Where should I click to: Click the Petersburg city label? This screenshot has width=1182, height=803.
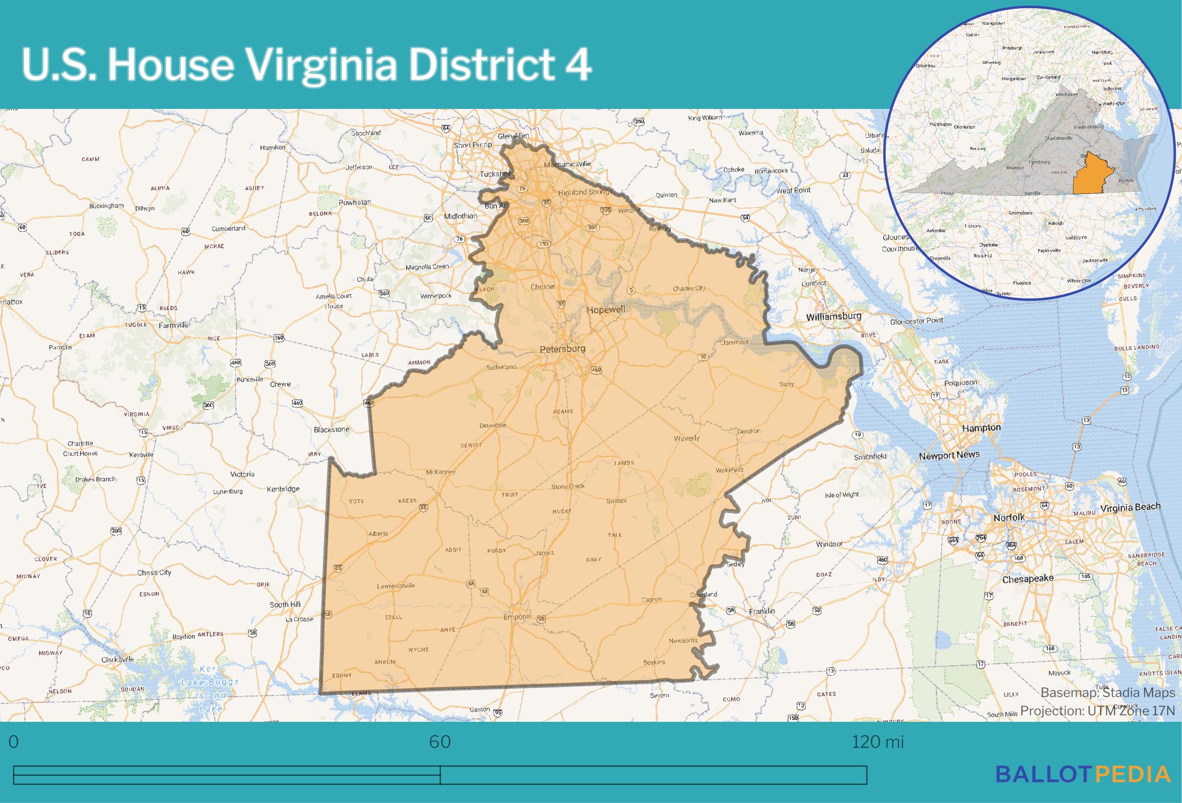tap(562, 349)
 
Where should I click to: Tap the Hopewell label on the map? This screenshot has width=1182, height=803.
tap(606, 310)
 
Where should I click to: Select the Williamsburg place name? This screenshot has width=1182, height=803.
tap(833, 316)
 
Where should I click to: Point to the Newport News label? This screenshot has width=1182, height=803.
tap(949, 455)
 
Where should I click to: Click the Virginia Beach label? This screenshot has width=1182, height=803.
tap(1130, 508)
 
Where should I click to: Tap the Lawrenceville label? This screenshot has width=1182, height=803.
tap(396, 586)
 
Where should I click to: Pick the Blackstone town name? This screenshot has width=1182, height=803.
tap(331, 429)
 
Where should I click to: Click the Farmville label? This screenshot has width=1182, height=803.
tap(174, 325)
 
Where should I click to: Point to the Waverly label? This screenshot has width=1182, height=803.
tap(687, 438)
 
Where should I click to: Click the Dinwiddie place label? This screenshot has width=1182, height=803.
tap(492, 425)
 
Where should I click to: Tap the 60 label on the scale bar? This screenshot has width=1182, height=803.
tap(440, 742)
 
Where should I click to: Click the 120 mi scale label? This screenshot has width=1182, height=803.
tap(877, 742)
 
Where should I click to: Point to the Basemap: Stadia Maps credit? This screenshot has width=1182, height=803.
tap(1108, 693)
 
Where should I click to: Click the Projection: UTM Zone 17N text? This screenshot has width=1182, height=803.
tap(1097, 711)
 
